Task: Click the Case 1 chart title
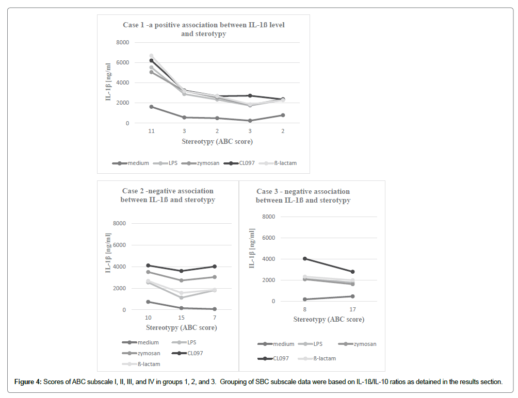coord(203,29)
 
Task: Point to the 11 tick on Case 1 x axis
coord(151,131)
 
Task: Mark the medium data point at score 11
coord(151,107)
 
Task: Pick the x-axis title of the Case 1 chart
coord(217,141)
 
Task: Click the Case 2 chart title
coord(168,195)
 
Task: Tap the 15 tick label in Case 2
coord(181,317)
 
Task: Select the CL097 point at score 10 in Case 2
coord(148,266)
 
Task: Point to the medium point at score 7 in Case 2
coord(214,309)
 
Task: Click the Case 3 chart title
coord(303,195)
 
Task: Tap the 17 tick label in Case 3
coord(352,310)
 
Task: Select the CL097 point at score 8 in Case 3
coord(305,259)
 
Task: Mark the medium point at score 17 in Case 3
coord(352,296)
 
